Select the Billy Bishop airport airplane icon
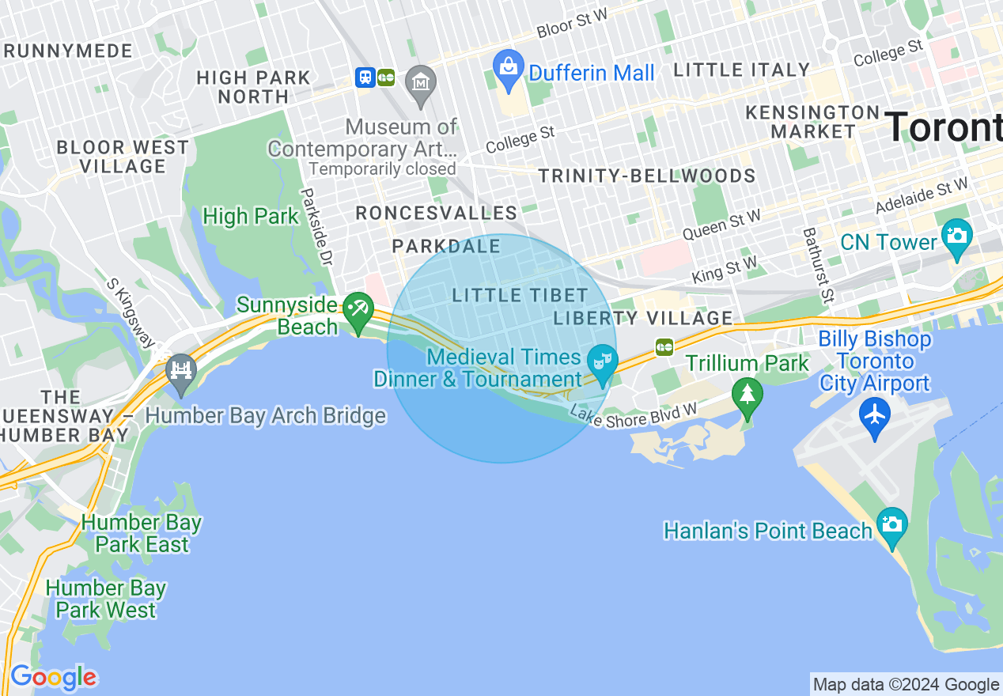point(875,414)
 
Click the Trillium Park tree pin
point(747,393)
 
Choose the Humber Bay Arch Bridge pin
point(181,370)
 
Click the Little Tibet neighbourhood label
point(520,295)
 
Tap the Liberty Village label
point(643,318)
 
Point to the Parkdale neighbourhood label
point(446,247)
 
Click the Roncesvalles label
point(436,213)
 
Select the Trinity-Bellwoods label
point(646,176)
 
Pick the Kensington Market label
point(812,121)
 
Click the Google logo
point(53,678)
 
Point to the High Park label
point(251,216)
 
